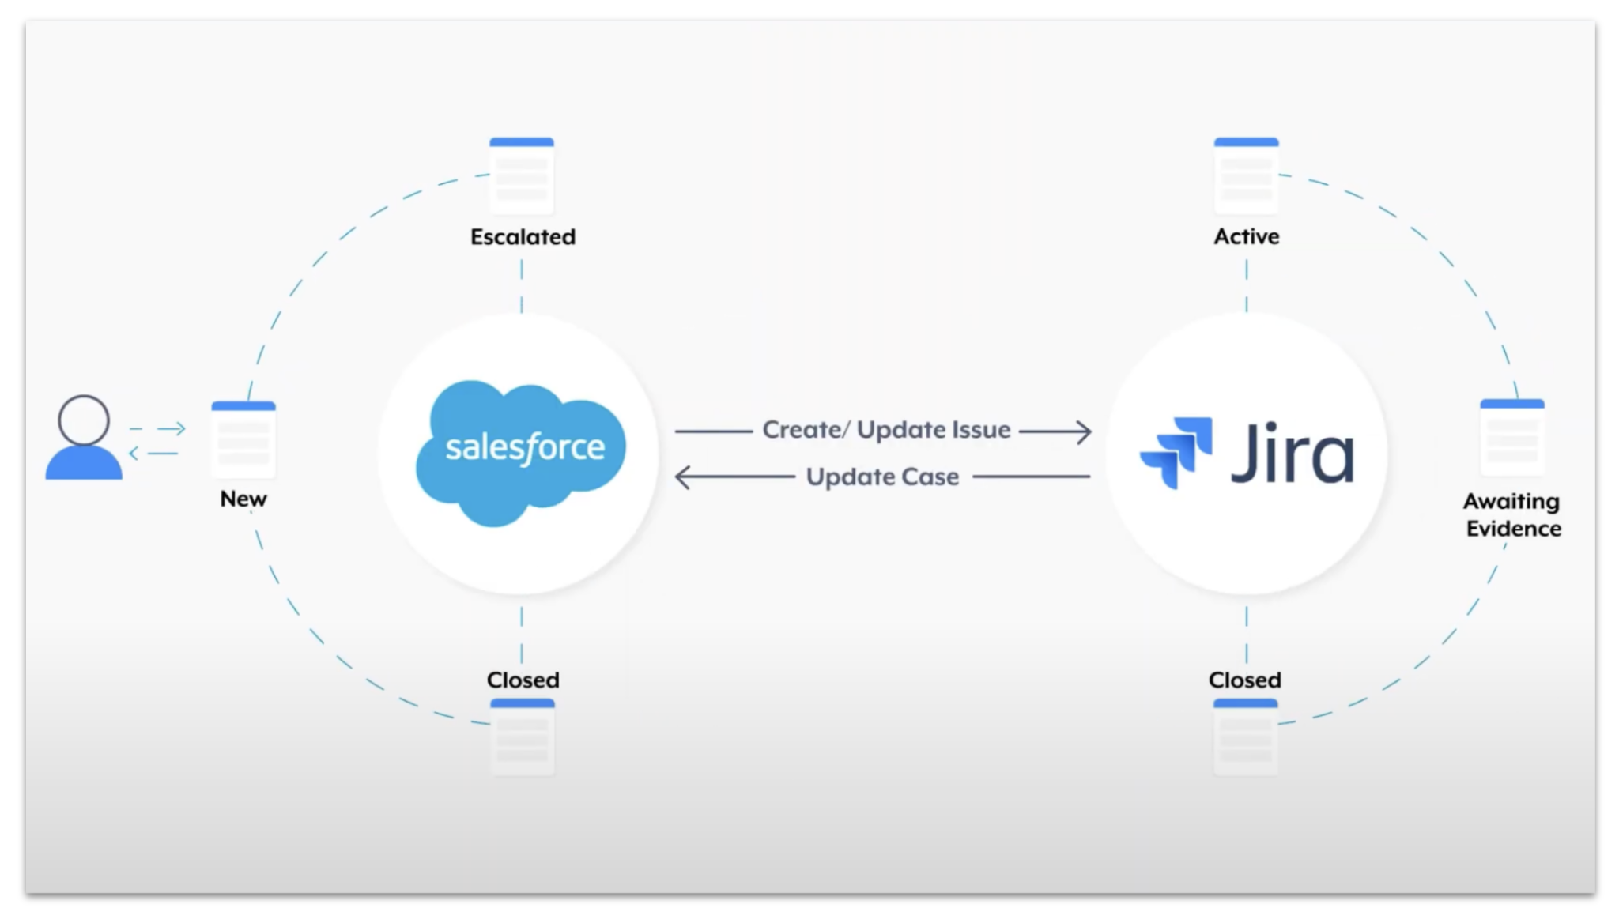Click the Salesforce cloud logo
click(x=520, y=451)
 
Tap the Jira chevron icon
click(x=1176, y=451)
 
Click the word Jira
click(x=1292, y=454)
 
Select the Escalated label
click(x=523, y=237)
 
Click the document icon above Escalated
click(x=522, y=175)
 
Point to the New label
click(x=243, y=499)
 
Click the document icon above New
click(x=243, y=439)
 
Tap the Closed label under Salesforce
click(x=523, y=680)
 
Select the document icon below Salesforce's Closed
click(x=522, y=736)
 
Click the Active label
click(x=1246, y=236)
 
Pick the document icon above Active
click(x=1246, y=175)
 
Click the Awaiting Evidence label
click(x=1512, y=514)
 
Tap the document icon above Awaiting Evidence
click(x=1511, y=437)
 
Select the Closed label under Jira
click(x=1244, y=680)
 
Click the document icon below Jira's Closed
click(x=1245, y=736)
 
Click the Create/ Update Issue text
click(x=886, y=430)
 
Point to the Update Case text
click(x=882, y=477)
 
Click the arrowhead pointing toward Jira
click(x=1084, y=431)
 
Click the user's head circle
click(x=83, y=420)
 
